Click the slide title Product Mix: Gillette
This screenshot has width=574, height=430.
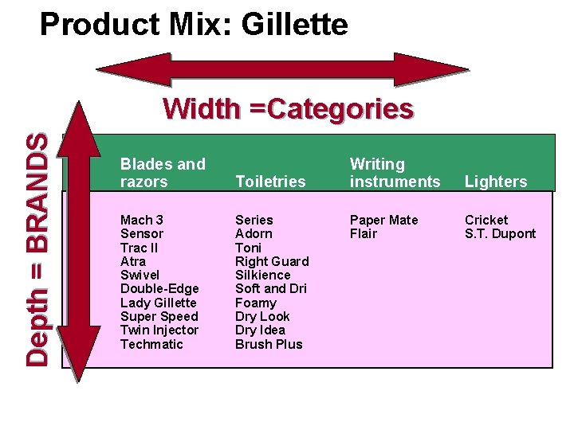pyautogui.click(x=194, y=25)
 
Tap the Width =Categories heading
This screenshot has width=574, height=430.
pyautogui.click(x=288, y=108)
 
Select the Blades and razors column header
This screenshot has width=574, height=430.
pyautogui.click(x=163, y=173)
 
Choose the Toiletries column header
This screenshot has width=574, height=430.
pyautogui.click(x=270, y=182)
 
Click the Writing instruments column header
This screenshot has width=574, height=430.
pyautogui.click(x=395, y=173)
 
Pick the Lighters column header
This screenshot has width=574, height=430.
pyautogui.click(x=496, y=182)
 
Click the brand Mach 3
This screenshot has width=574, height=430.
pyautogui.click(x=142, y=220)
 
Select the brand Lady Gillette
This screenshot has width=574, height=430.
pyautogui.click(x=158, y=303)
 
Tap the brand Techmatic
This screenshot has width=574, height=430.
pyautogui.click(x=151, y=344)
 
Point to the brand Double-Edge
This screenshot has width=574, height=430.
pyautogui.click(x=159, y=288)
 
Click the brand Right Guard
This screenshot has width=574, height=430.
pyautogui.click(x=272, y=261)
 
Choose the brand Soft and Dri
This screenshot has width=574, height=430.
pyautogui.click(x=270, y=288)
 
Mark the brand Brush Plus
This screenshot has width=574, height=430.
pyautogui.click(x=269, y=344)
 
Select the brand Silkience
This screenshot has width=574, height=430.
pyautogui.click(x=262, y=275)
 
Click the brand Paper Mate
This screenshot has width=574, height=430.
pyautogui.click(x=383, y=220)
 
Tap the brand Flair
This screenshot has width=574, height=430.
pyautogui.click(x=364, y=233)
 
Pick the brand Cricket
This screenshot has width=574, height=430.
pyautogui.click(x=486, y=220)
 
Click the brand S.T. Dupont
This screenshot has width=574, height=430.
pyautogui.click(x=500, y=233)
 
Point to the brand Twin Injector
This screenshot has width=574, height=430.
pyautogui.click(x=159, y=330)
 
